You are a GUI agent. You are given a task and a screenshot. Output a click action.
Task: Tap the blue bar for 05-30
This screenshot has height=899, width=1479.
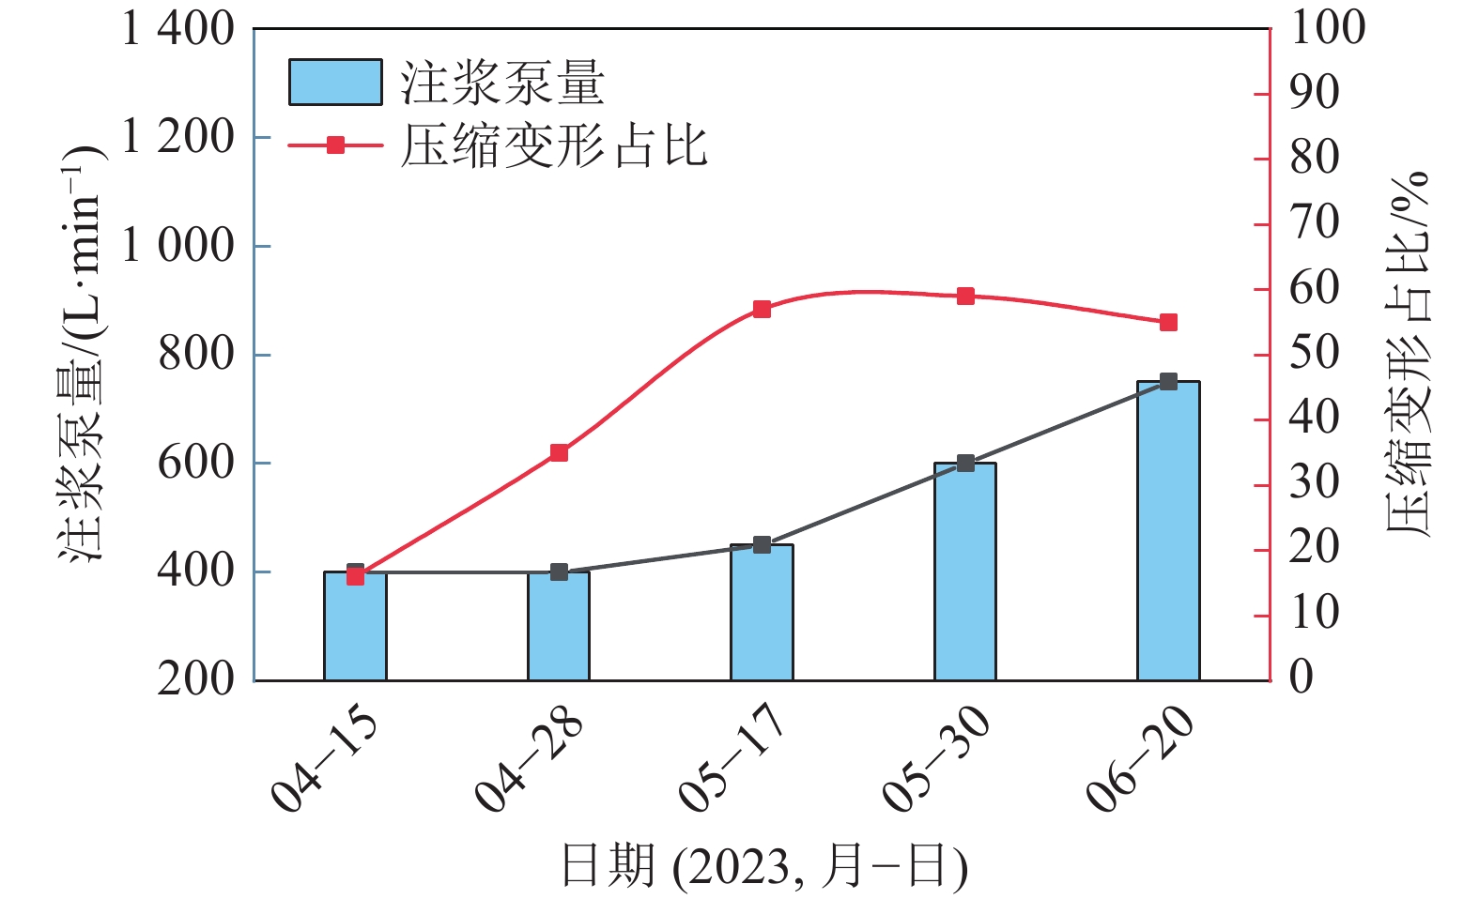click(x=965, y=571)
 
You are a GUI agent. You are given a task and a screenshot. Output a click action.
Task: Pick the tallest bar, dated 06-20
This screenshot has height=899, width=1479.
click(x=1168, y=531)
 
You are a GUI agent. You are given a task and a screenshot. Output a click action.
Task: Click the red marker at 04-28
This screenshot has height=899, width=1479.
click(x=559, y=453)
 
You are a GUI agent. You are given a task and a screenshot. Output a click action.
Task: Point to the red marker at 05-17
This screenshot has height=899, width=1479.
click(x=762, y=310)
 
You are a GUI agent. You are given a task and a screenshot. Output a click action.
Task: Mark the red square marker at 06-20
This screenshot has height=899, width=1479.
click(x=1168, y=323)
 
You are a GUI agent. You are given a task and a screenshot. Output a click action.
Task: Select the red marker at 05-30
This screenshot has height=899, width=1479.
click(x=965, y=297)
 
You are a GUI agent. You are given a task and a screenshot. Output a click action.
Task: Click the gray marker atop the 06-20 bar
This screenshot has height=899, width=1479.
click(x=1168, y=382)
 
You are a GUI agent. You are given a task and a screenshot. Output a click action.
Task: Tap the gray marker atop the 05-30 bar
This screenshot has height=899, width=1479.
click(x=965, y=464)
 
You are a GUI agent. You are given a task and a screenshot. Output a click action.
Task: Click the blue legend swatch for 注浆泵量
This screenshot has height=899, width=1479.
click(x=335, y=83)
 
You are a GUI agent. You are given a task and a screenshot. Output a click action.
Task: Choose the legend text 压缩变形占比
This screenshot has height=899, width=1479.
click(x=554, y=146)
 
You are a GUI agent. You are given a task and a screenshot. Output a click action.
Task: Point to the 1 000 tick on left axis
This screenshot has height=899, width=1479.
click(x=177, y=246)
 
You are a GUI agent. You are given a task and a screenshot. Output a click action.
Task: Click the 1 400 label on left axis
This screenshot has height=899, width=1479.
click(x=177, y=29)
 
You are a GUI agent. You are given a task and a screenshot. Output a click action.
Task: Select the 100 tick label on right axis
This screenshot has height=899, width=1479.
click(x=1328, y=27)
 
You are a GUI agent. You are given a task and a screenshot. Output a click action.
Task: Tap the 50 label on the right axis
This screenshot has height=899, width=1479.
click(x=1315, y=354)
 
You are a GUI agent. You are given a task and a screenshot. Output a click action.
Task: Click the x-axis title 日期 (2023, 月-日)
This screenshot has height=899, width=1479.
click(x=763, y=865)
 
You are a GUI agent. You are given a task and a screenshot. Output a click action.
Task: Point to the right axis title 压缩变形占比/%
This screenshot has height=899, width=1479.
click(x=1409, y=354)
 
